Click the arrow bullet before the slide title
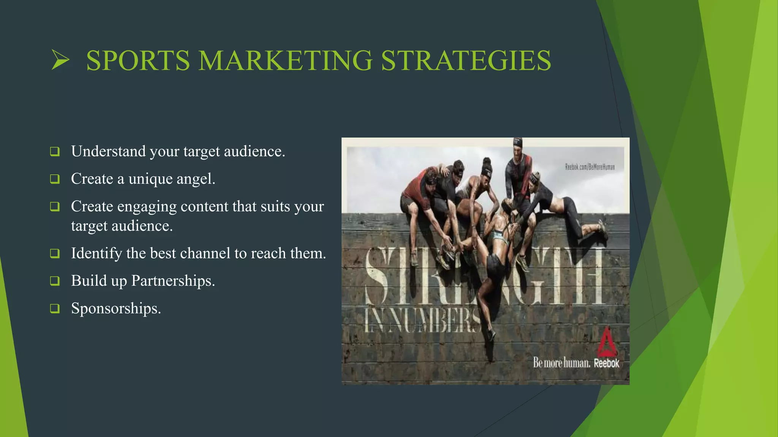pos(60,60)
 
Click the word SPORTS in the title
pos(138,60)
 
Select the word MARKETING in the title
pos(285,60)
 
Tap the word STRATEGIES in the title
pos(466,60)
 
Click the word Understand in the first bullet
pos(108,151)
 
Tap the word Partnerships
pos(173,281)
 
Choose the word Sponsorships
pos(116,308)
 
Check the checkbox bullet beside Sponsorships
pos(55,308)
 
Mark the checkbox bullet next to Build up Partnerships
pos(55,281)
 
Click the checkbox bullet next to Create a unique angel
pos(55,179)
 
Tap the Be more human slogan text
pos(561,363)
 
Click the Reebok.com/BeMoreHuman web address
pos(590,167)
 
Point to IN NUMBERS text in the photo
pos(422,321)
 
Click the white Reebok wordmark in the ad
pos(607,363)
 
